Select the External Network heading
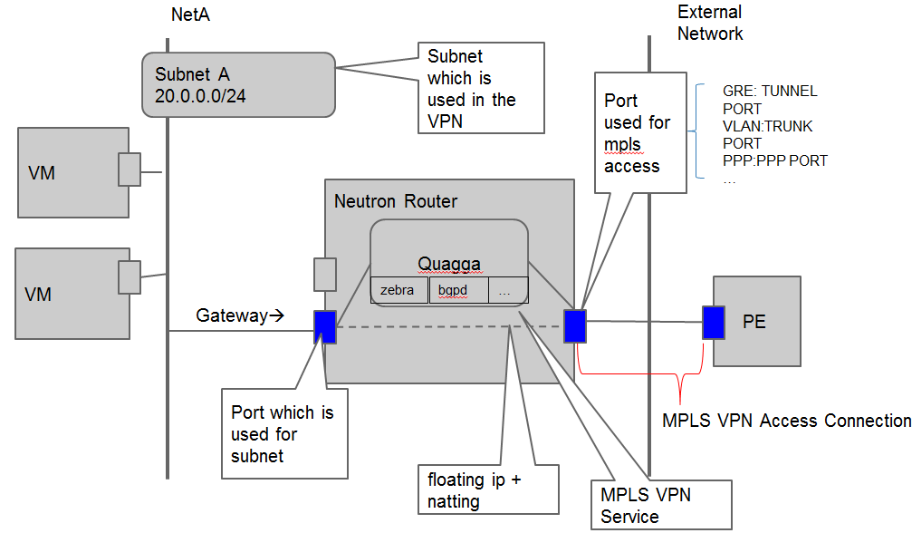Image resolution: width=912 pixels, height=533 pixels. [x=710, y=23]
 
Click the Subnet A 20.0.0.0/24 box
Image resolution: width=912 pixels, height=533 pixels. [x=238, y=84]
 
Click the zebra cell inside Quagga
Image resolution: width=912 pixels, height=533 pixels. [x=398, y=290]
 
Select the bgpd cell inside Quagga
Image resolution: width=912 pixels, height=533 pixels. [x=458, y=290]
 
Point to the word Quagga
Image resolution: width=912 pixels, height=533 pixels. [x=448, y=264]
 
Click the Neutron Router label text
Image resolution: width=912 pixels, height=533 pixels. [x=396, y=200]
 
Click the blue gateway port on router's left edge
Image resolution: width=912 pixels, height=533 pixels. [x=324, y=326]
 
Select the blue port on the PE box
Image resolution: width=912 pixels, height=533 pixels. [x=714, y=322]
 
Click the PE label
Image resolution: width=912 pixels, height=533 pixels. [x=754, y=322]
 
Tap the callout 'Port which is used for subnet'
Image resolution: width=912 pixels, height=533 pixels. [x=284, y=434]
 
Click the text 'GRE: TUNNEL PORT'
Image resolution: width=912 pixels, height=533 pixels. [x=770, y=100]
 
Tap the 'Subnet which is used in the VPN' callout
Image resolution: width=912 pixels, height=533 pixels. [x=479, y=88]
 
